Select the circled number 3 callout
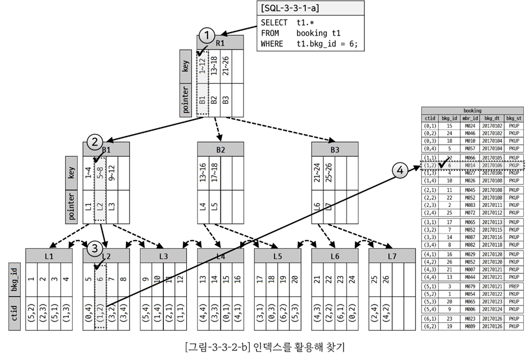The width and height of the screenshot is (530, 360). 95,248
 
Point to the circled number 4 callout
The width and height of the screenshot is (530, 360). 400,170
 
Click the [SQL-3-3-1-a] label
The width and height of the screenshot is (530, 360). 286,8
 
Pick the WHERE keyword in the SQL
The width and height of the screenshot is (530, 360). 272,44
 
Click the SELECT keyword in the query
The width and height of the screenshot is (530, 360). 274,23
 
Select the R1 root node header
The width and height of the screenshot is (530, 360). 221,43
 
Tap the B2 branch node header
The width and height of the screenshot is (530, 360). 221,150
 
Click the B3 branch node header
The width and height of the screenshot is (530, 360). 335,150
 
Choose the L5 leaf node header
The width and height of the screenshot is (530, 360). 277,256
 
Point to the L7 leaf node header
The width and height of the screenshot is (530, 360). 392,256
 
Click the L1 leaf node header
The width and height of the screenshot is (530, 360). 49,256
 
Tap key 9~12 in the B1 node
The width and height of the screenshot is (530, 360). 111,172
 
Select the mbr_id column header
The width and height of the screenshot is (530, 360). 470,119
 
